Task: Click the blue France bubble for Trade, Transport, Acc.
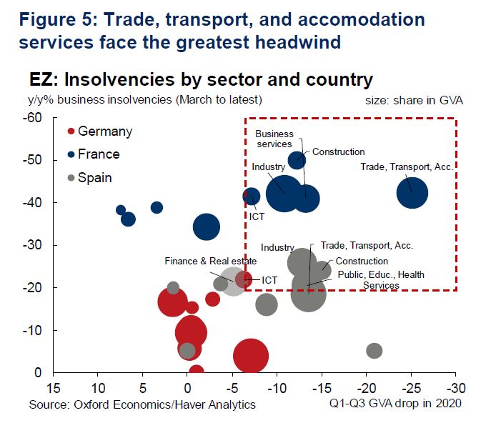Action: point(412,193)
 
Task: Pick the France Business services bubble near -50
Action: point(297,160)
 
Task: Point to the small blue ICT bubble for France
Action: point(252,196)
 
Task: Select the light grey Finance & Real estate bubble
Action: point(234,281)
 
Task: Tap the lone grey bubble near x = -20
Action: point(374,351)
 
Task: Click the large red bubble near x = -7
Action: point(250,356)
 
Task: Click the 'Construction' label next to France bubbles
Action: point(338,151)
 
